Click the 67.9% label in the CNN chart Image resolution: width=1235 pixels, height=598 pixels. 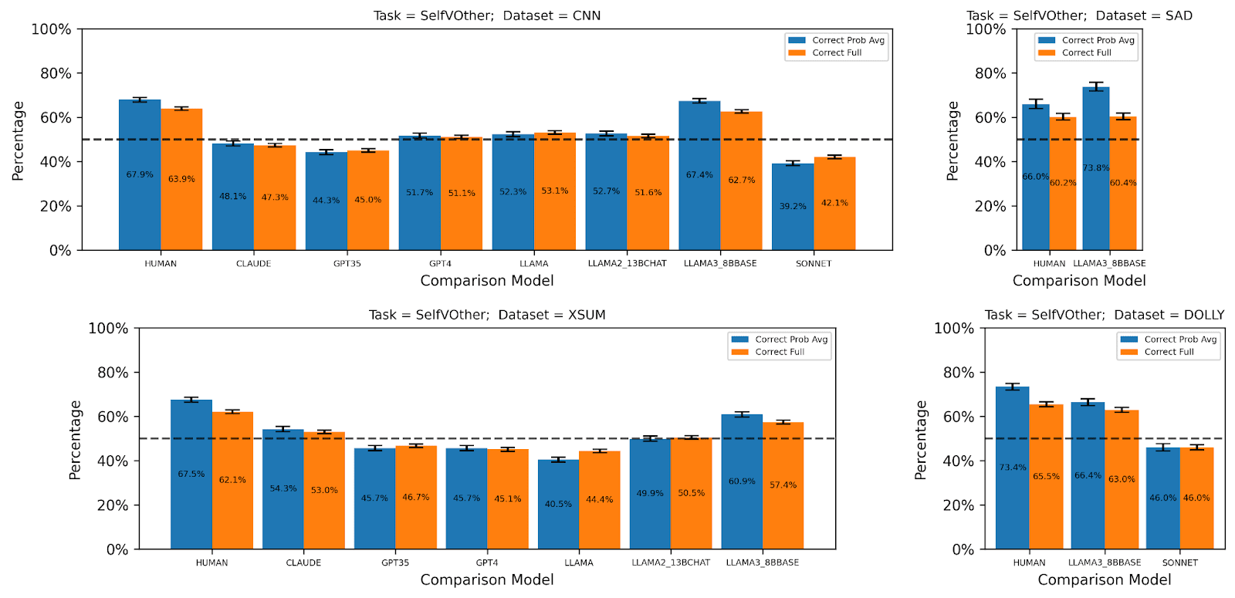tap(140, 174)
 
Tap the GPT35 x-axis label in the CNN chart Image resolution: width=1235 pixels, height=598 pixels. tap(347, 264)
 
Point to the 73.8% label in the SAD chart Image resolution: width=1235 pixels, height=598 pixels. tap(1095, 167)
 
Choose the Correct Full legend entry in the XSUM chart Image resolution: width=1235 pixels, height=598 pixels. tap(780, 352)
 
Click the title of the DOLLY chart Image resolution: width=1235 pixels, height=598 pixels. tap(1104, 315)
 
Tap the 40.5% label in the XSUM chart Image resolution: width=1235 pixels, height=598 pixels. tap(558, 504)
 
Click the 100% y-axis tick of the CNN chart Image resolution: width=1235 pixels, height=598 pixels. tap(51, 29)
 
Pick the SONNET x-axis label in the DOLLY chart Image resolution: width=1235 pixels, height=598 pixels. tap(1179, 563)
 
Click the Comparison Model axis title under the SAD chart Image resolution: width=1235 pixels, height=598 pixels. tap(1078, 281)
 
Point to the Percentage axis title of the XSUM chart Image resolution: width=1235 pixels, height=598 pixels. tap(75, 440)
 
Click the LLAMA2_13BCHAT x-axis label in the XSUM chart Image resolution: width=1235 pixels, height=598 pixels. tap(671, 563)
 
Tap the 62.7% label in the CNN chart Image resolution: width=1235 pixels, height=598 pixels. tap(741, 180)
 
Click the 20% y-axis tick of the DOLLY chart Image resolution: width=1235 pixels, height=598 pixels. tap(958, 505)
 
